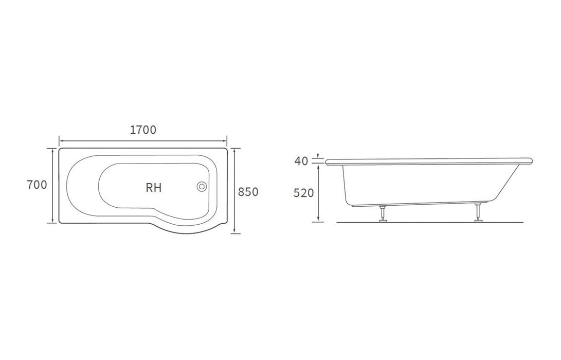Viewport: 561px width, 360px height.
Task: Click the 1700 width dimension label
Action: (x=143, y=130)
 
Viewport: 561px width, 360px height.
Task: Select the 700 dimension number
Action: (x=37, y=185)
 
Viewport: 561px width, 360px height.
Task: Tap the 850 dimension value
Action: (x=248, y=191)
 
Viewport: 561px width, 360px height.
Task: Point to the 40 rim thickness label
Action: (x=301, y=161)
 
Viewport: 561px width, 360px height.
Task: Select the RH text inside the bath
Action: (x=153, y=188)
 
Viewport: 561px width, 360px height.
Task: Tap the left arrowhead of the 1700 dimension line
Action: (x=61, y=139)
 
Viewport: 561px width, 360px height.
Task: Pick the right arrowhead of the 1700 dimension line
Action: (x=225, y=139)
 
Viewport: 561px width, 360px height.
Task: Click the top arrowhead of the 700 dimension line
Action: (x=52, y=150)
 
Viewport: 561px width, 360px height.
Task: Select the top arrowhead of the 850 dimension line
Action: (x=235, y=150)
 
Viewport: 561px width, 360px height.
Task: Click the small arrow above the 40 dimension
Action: (x=319, y=155)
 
